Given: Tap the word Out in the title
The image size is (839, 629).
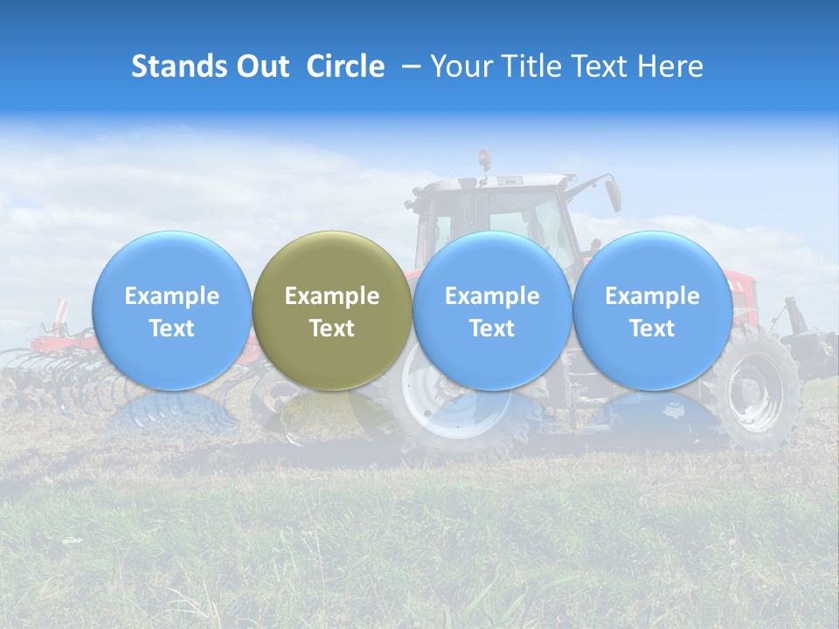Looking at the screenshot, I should (260, 66).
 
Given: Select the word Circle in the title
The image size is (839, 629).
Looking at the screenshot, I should (344, 66).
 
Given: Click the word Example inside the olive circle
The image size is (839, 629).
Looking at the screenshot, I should (332, 296).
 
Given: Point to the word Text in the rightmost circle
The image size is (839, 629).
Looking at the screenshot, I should (652, 328).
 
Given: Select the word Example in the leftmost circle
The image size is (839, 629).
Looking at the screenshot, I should (172, 296).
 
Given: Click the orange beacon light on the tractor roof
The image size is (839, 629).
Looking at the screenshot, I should (484, 160).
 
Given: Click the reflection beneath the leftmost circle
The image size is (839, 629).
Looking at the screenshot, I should (172, 411).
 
